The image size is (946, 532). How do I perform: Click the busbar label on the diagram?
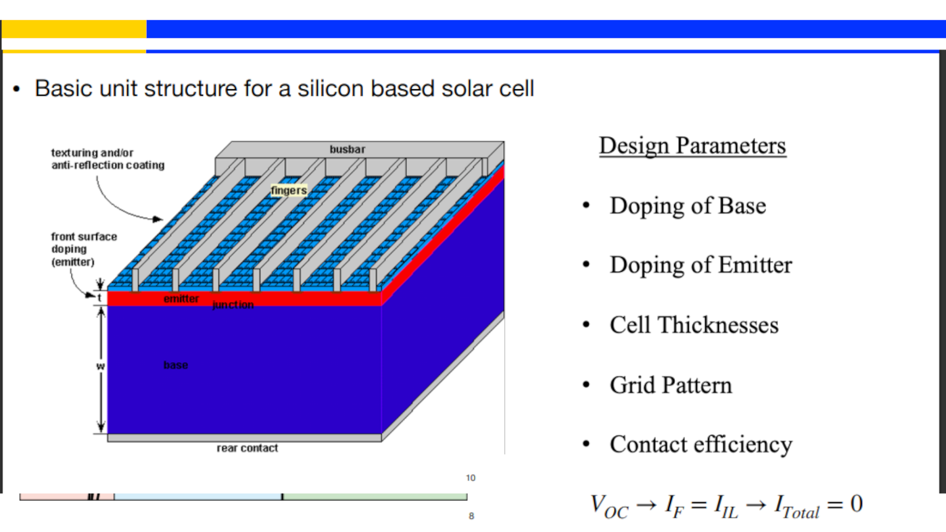[x=347, y=149]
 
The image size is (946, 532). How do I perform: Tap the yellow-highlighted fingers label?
[x=289, y=190]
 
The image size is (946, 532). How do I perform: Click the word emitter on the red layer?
[x=181, y=299]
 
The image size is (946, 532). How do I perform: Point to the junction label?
[x=233, y=305]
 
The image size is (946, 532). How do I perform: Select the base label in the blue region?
[x=176, y=365]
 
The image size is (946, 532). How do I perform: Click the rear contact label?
[x=247, y=448]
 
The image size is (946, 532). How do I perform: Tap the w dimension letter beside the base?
[x=101, y=366]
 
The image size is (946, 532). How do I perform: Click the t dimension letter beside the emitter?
[x=100, y=298]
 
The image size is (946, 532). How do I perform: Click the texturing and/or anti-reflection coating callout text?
[x=107, y=159]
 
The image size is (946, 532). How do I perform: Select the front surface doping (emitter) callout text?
[x=84, y=249]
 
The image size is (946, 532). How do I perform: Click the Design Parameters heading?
[x=692, y=146]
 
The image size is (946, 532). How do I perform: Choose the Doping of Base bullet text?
[x=688, y=206]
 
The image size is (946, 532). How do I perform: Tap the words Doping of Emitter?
[x=701, y=266]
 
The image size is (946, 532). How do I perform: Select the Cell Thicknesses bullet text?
[x=694, y=325]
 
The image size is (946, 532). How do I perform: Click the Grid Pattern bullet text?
[x=671, y=385]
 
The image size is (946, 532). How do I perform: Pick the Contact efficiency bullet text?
[x=701, y=445]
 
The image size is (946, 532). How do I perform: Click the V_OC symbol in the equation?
[x=609, y=506]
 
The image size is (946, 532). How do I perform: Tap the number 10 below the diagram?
[x=471, y=478]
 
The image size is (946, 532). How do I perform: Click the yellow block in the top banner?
[x=74, y=29]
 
